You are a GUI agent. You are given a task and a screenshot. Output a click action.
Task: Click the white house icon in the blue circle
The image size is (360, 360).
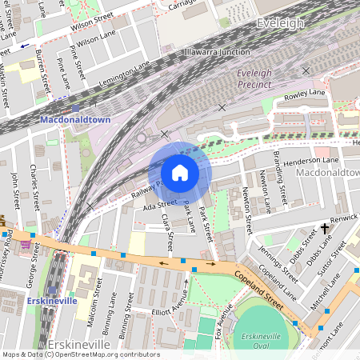coord(180,173)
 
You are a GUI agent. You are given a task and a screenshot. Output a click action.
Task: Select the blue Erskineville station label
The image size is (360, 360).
coord(51,301)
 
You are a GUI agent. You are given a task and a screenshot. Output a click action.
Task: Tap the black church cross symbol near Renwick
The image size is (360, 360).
coord(326,228)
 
